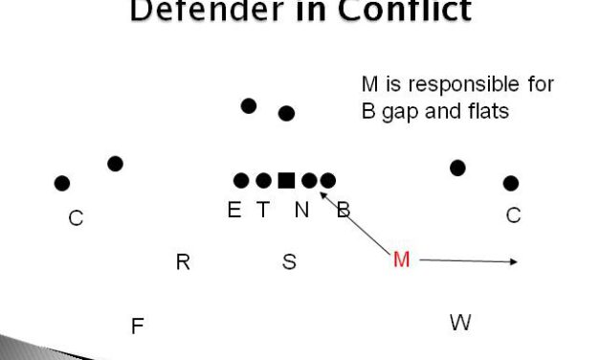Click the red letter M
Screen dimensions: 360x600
[x=402, y=259]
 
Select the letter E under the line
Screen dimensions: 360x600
[x=234, y=211]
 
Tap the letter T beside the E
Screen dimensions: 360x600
[x=263, y=211]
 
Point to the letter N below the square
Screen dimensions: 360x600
[x=301, y=211]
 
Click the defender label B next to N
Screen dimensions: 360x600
[x=344, y=211]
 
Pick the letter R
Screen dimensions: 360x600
[x=183, y=261]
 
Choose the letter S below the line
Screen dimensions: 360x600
[x=289, y=261]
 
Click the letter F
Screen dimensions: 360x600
[x=137, y=326]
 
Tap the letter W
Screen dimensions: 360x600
[x=460, y=323]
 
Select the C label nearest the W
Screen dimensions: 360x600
[x=513, y=215]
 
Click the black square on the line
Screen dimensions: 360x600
[x=286, y=180]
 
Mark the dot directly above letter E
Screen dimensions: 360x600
[x=241, y=180]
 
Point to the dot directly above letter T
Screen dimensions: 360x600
[x=263, y=180]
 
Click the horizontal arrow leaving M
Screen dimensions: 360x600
[x=469, y=259]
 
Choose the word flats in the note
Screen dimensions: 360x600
[x=482, y=110]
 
